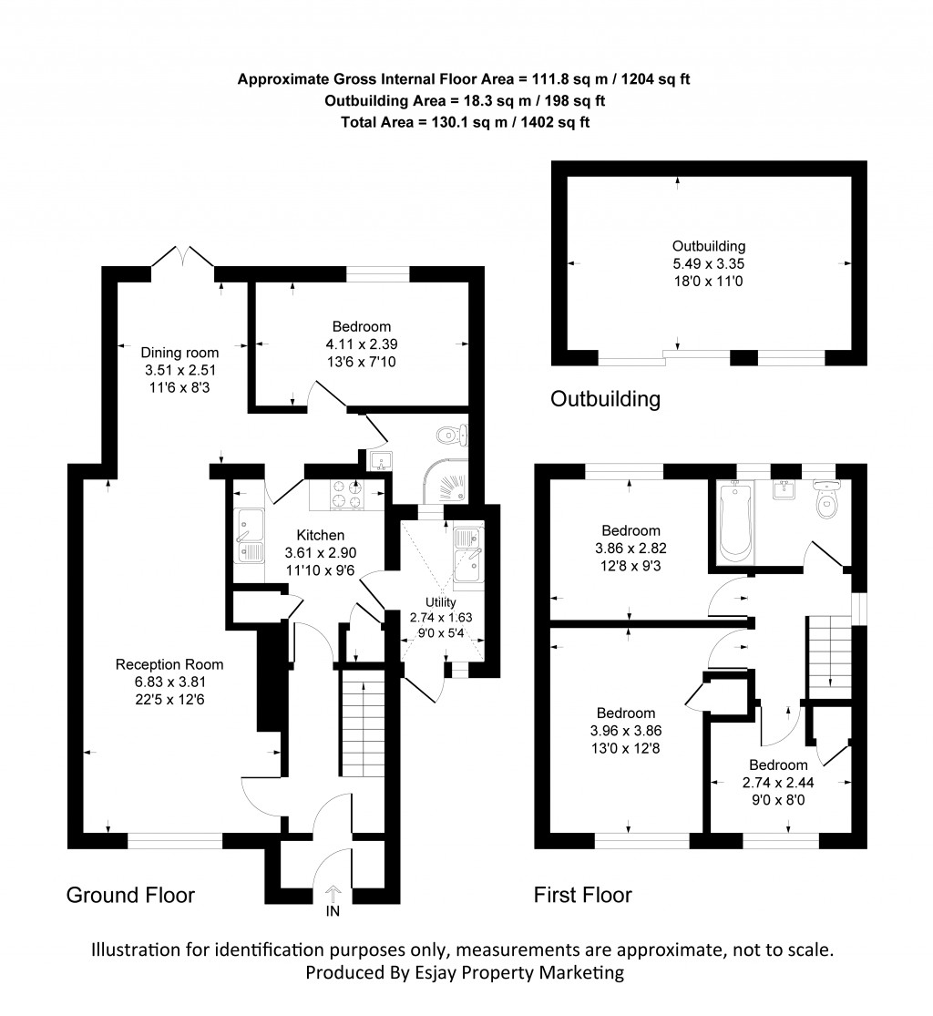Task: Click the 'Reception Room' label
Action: [x=169, y=664]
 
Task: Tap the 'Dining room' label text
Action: [x=179, y=353]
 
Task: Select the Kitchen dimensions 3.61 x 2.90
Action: [x=314, y=552]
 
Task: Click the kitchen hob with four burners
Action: [x=349, y=493]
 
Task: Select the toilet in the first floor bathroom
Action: [x=827, y=502]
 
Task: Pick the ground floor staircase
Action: [x=364, y=721]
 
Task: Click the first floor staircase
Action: [x=827, y=652]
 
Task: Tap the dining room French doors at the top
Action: [x=183, y=256]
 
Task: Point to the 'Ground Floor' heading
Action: [x=130, y=895]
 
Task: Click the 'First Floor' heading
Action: [x=582, y=895]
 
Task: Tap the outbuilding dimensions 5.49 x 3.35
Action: [x=709, y=263]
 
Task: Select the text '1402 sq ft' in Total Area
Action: [x=555, y=121]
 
